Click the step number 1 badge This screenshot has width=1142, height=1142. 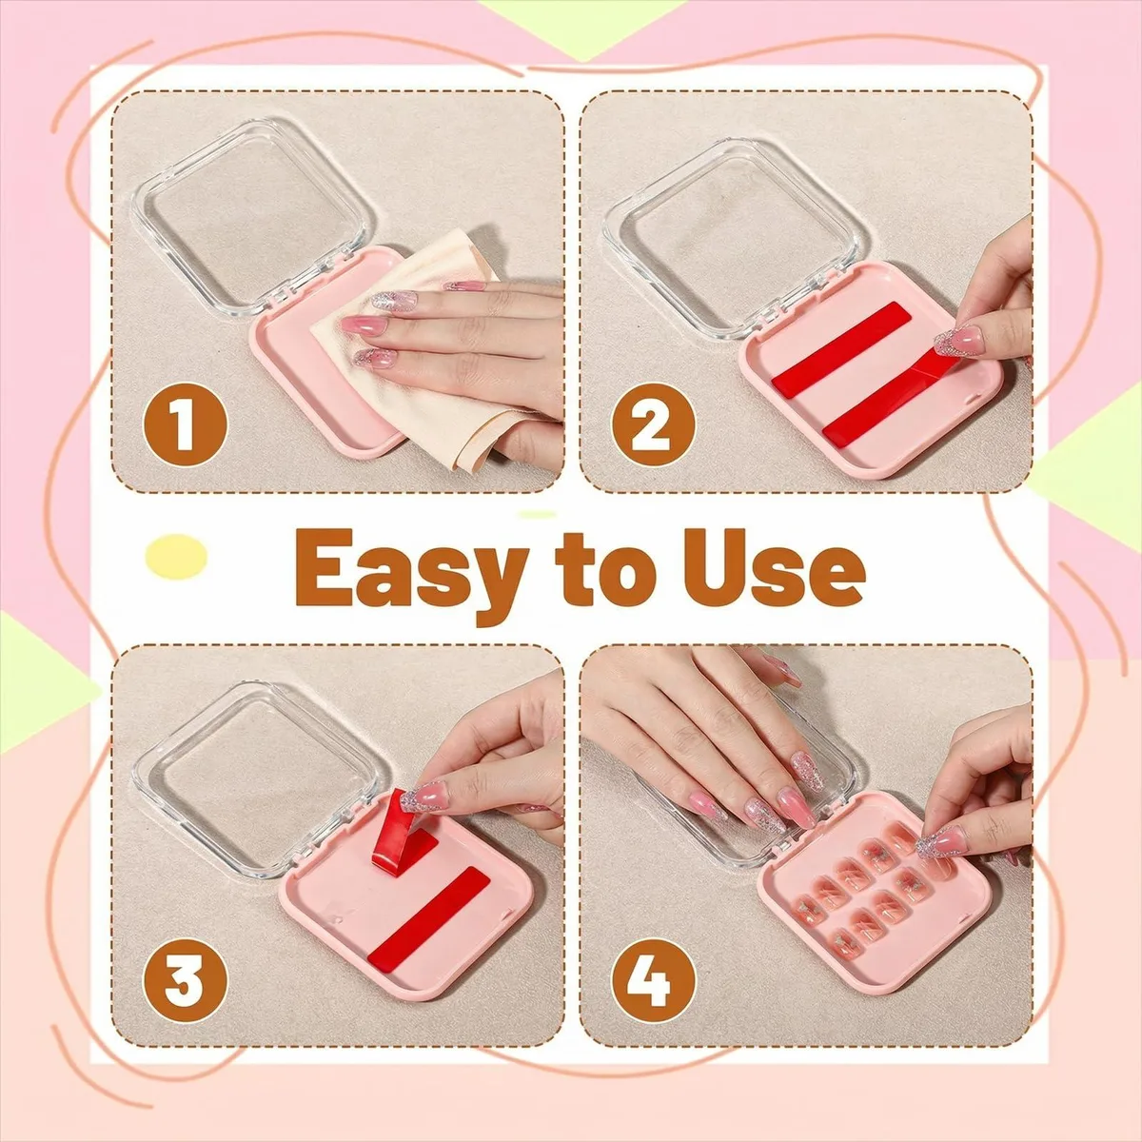point(185,423)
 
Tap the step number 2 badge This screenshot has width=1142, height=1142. point(653,423)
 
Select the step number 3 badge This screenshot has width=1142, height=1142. point(185,981)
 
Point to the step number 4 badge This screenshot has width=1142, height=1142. point(653,981)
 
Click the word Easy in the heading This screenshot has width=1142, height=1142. point(411,573)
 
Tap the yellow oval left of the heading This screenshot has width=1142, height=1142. point(176,556)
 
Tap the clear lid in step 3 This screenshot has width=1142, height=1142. point(261,779)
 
